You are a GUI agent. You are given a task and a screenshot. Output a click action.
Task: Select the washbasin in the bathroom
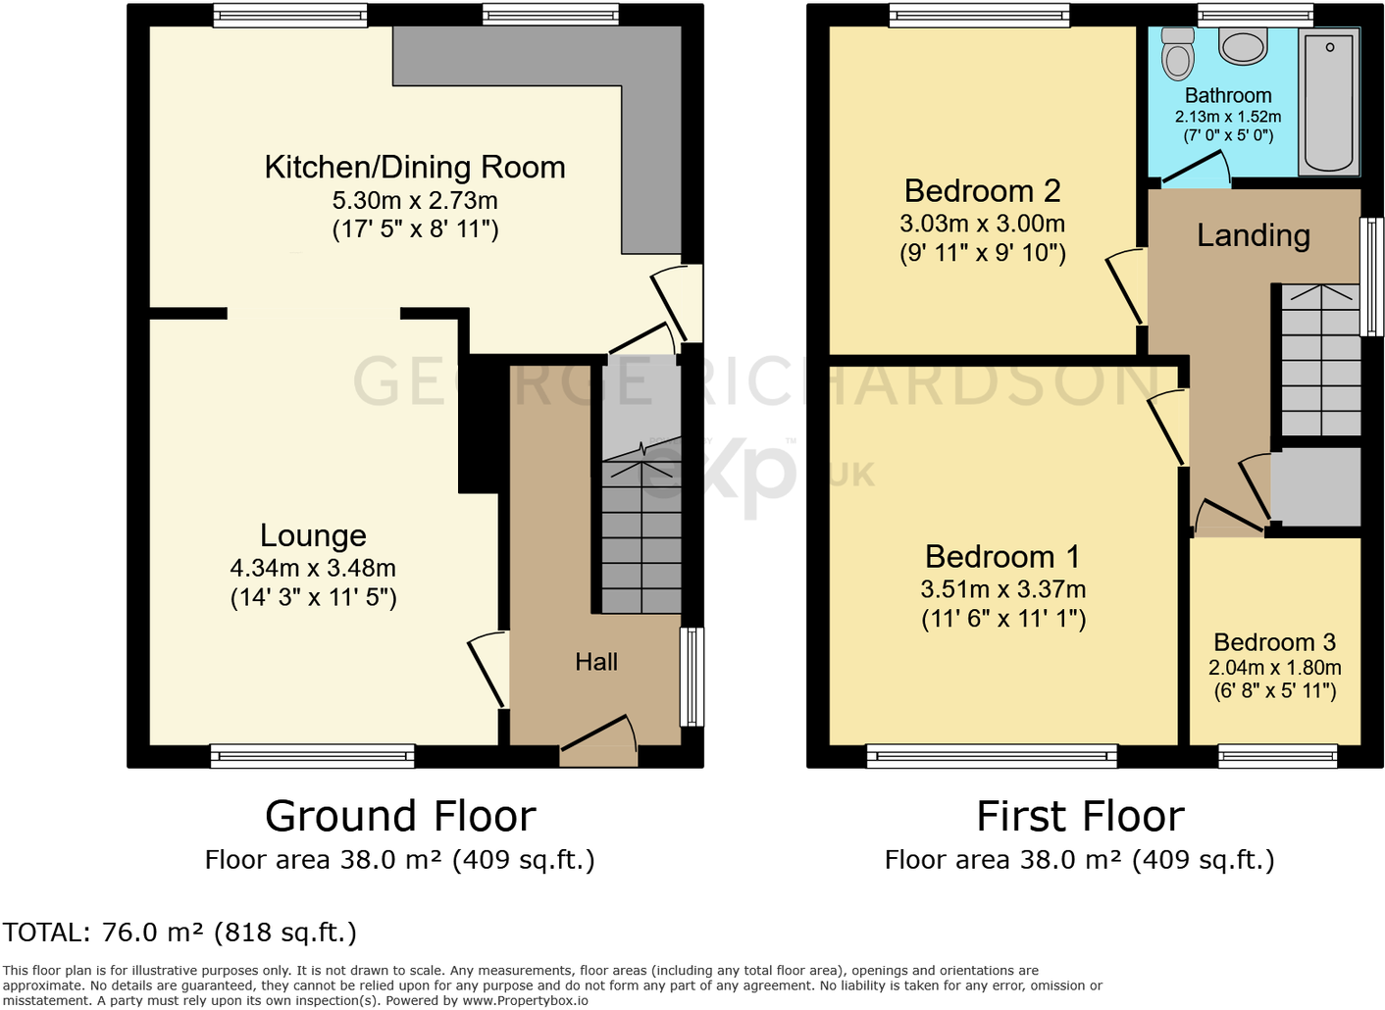coord(1243,45)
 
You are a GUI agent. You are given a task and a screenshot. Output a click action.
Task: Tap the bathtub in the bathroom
coord(1329,102)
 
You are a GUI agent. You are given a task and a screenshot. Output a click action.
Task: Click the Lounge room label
coord(313,535)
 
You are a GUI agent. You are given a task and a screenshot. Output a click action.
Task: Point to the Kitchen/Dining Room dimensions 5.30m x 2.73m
coord(415,201)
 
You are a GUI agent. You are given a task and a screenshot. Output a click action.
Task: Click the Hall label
coord(596,662)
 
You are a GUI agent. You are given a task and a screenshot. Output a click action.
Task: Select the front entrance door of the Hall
coord(598,739)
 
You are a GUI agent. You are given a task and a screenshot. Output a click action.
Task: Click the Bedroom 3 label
coord(1274,642)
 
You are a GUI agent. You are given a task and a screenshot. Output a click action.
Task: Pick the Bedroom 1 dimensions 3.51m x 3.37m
coord(1002,589)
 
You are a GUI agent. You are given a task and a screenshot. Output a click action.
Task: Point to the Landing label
coord(1253,235)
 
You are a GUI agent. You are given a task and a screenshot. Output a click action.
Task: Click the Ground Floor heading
coord(400,816)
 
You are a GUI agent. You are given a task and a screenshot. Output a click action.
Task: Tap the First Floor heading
coord(1080,816)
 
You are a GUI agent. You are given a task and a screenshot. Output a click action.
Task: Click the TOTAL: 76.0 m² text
coord(180,932)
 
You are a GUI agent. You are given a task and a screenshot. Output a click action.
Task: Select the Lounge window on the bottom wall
coord(312,755)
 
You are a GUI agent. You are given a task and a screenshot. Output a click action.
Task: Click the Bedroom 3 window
coord(1277,755)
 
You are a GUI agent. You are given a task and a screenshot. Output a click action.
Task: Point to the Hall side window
coord(692,677)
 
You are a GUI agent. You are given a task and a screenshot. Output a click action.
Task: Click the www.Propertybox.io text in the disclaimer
coord(525,1001)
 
